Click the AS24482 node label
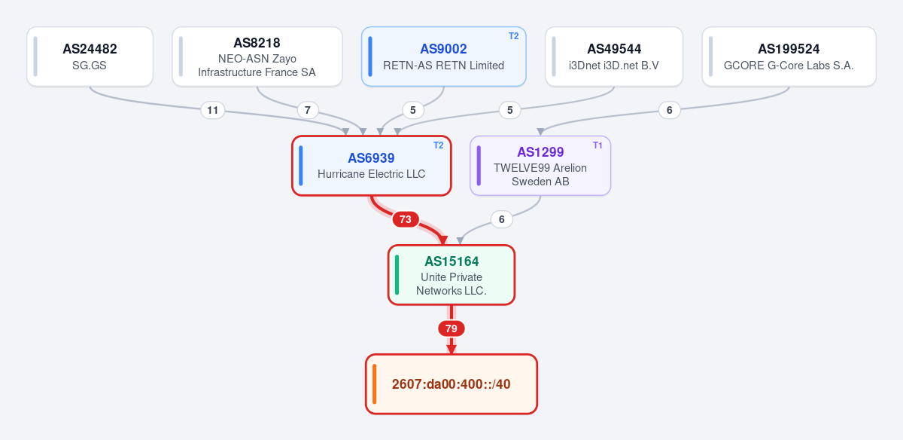(x=90, y=49)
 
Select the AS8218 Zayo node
(x=257, y=57)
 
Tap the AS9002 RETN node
(x=443, y=57)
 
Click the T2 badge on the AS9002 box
(x=513, y=36)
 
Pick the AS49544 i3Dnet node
(x=614, y=57)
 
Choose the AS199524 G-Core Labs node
(x=789, y=57)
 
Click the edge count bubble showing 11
(x=212, y=110)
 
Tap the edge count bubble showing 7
(x=308, y=110)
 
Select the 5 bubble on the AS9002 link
(x=413, y=110)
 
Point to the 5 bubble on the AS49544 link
(x=510, y=110)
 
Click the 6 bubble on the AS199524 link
(x=670, y=110)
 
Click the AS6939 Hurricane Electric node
(x=371, y=166)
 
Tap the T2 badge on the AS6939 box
(x=438, y=145)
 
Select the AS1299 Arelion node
(x=540, y=166)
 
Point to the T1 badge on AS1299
(x=597, y=145)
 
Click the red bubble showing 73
(x=406, y=219)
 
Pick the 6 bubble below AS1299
(x=501, y=219)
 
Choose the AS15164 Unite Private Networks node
(x=451, y=275)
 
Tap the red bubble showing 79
(x=451, y=328)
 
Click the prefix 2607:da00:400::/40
(x=451, y=384)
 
